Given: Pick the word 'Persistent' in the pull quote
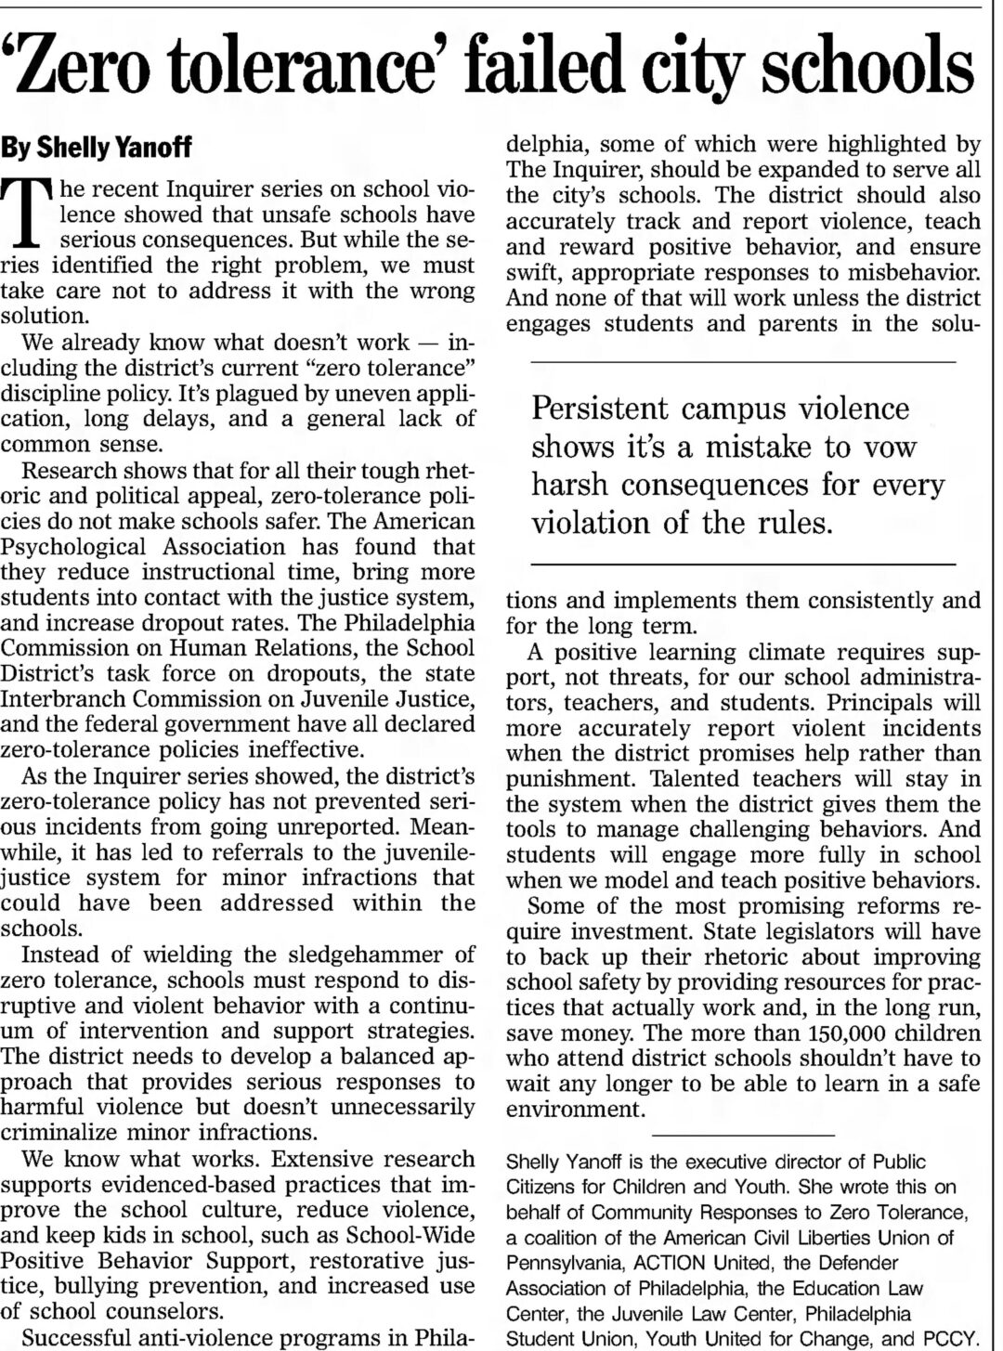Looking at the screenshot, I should [x=600, y=409].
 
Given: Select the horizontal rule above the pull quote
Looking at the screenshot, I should [x=742, y=361].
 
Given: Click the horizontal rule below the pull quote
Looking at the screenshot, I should [x=742, y=564].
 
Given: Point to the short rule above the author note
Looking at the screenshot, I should [x=742, y=1135].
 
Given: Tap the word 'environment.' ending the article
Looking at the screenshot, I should [x=575, y=1109].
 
